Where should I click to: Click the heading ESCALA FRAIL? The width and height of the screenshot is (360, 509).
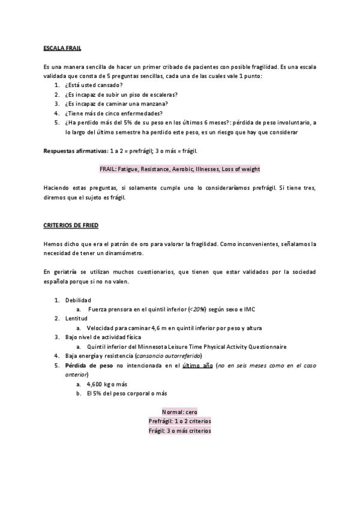63,47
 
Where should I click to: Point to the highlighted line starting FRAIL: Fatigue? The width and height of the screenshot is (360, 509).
180,169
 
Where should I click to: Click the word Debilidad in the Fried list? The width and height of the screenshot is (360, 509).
78,300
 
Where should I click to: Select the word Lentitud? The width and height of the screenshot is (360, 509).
76,319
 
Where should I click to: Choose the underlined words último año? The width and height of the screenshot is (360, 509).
196,366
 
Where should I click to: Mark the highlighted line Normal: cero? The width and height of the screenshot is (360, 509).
180,412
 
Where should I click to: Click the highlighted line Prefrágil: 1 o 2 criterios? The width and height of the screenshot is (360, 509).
180,421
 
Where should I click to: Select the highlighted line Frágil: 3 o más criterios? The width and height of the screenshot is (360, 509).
180,430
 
